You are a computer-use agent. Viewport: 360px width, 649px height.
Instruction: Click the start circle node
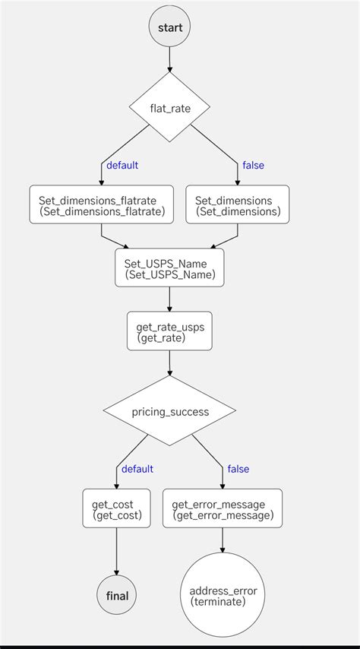(x=169, y=27)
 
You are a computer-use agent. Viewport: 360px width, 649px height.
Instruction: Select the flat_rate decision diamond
(x=169, y=108)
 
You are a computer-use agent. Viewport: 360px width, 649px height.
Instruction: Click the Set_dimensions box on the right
(x=237, y=205)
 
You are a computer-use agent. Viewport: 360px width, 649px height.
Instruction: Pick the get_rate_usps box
(x=169, y=331)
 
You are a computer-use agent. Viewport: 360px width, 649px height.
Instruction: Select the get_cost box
(x=116, y=508)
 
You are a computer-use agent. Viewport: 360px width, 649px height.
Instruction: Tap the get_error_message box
(x=223, y=508)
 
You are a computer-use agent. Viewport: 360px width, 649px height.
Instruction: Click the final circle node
(x=116, y=595)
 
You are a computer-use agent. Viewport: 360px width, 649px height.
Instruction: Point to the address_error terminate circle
(x=223, y=595)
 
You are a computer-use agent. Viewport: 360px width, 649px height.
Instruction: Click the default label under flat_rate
(x=122, y=165)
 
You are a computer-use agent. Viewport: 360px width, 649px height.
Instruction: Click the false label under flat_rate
(x=253, y=165)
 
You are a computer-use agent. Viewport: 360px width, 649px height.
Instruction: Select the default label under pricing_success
(x=137, y=469)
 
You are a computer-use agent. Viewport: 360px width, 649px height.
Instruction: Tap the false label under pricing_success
(x=238, y=469)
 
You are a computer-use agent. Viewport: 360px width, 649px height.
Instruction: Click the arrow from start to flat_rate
(x=169, y=59)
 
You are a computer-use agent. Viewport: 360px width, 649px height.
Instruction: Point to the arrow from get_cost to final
(x=116, y=552)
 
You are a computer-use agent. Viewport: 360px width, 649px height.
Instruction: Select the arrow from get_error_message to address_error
(x=223, y=540)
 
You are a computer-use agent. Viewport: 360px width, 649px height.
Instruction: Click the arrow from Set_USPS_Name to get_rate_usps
(x=169, y=299)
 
